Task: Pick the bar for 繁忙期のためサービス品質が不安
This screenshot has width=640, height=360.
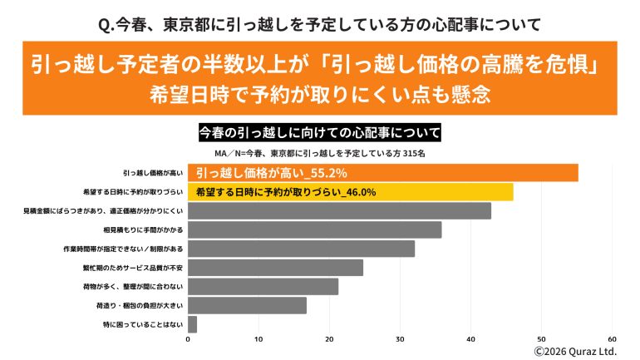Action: click(275, 268)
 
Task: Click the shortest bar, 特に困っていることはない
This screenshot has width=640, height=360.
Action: click(192, 323)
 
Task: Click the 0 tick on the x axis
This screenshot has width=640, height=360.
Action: click(188, 339)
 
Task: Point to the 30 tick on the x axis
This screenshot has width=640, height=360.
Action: click(400, 339)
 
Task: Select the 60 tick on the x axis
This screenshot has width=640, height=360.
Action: click(613, 339)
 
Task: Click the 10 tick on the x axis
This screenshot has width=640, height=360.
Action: click(258, 339)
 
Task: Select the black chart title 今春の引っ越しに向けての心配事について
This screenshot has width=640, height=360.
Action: click(320, 132)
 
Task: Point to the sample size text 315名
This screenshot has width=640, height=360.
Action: click(412, 154)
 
